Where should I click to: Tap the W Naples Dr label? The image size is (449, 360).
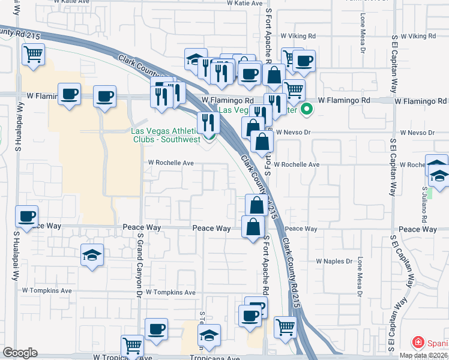point(334,261)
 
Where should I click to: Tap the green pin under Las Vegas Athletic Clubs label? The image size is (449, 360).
point(210,136)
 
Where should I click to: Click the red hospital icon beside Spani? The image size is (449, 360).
point(417,343)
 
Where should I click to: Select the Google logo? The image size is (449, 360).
point(20,353)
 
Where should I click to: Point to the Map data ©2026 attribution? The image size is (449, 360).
point(423,355)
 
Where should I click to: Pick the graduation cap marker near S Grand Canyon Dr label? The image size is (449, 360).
point(92,254)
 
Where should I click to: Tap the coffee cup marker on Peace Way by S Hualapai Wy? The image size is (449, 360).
point(26,216)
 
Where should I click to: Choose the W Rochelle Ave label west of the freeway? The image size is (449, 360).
point(171,163)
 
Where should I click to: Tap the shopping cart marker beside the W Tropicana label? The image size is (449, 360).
point(132,345)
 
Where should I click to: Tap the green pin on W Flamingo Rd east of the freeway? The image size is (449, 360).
point(307,109)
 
